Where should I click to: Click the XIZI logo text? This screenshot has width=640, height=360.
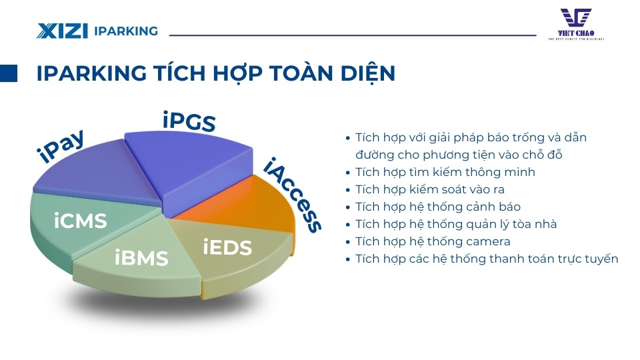[x=63, y=31]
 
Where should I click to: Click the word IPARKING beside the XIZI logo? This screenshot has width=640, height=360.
[x=126, y=31]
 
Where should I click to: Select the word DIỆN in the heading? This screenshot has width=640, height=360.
[x=365, y=73]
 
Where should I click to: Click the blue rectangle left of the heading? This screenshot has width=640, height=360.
[x=9, y=73]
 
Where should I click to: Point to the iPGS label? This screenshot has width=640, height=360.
[x=189, y=121]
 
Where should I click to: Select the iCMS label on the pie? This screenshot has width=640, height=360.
[x=81, y=221]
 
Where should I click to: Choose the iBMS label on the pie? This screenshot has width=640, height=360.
[x=141, y=257]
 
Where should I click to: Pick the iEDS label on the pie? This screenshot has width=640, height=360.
[x=227, y=247]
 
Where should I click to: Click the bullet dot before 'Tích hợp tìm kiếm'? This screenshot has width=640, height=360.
[x=347, y=173]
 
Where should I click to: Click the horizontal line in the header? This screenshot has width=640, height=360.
[x=353, y=35]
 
